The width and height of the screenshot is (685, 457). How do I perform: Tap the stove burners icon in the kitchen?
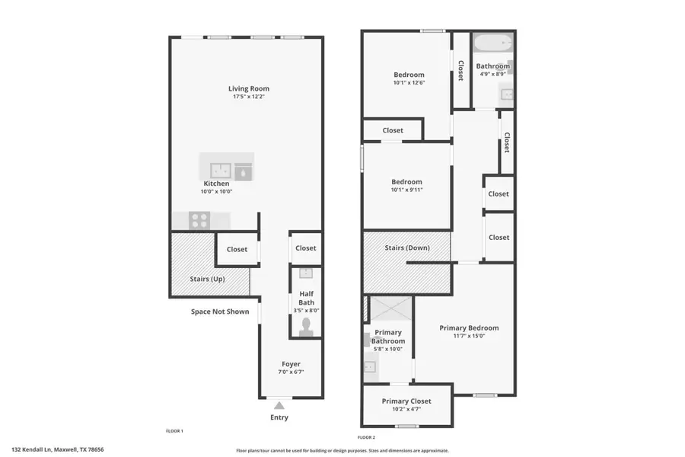tap(199, 220)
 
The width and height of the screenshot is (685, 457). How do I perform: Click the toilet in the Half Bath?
tap(306, 327)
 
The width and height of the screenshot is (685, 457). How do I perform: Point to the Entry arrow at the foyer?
tap(279, 405)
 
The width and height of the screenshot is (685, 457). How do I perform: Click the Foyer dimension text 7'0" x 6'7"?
tap(291, 372)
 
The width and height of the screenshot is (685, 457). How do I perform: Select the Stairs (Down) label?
tap(406, 248)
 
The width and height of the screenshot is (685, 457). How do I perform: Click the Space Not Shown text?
tap(220, 312)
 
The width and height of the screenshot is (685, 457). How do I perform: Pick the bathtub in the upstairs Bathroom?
tap(492, 43)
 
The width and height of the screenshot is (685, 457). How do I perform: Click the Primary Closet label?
tap(406, 401)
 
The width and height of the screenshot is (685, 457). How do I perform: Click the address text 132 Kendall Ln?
tap(58, 449)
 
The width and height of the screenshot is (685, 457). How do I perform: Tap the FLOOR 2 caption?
tap(366, 437)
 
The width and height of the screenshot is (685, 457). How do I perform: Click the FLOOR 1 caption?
tap(174, 431)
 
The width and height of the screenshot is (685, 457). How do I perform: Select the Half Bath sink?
tap(306, 273)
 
